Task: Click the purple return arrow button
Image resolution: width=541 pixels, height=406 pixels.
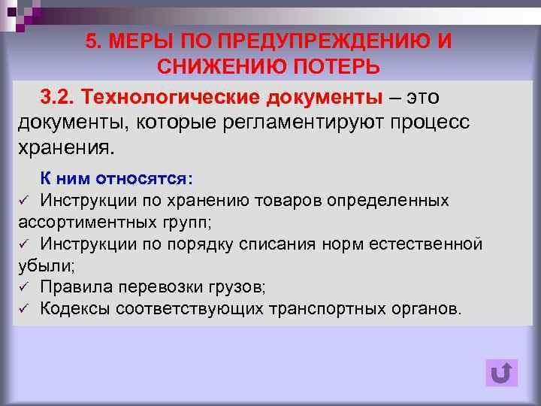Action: click(501, 374)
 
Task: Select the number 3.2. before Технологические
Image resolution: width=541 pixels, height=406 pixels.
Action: click(58, 98)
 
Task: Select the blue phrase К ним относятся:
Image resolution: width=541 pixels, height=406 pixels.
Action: click(116, 179)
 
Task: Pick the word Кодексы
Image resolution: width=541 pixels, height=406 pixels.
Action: click(71, 308)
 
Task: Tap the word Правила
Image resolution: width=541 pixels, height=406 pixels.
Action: click(72, 286)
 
